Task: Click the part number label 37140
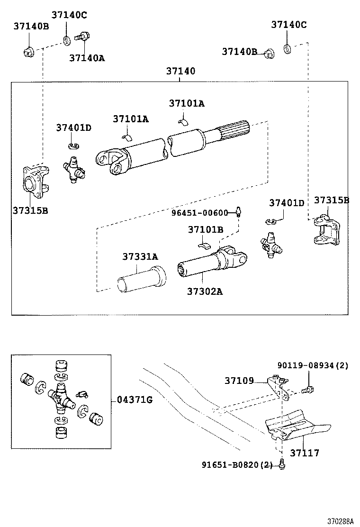click(x=180, y=71)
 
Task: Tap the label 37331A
click(x=140, y=257)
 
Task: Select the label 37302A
click(x=205, y=291)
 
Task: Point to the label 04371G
click(x=135, y=400)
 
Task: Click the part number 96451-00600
click(x=200, y=213)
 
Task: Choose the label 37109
click(x=239, y=381)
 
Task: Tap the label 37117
click(x=305, y=453)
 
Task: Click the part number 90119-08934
click(x=306, y=365)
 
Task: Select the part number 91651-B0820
click(x=230, y=465)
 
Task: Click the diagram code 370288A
click(x=341, y=521)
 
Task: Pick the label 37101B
click(x=206, y=229)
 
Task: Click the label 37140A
click(x=87, y=58)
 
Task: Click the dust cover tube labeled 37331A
click(x=141, y=279)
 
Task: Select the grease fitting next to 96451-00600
click(x=238, y=211)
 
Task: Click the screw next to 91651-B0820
click(x=282, y=464)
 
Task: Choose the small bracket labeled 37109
click(x=279, y=387)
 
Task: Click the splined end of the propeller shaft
click(x=234, y=130)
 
